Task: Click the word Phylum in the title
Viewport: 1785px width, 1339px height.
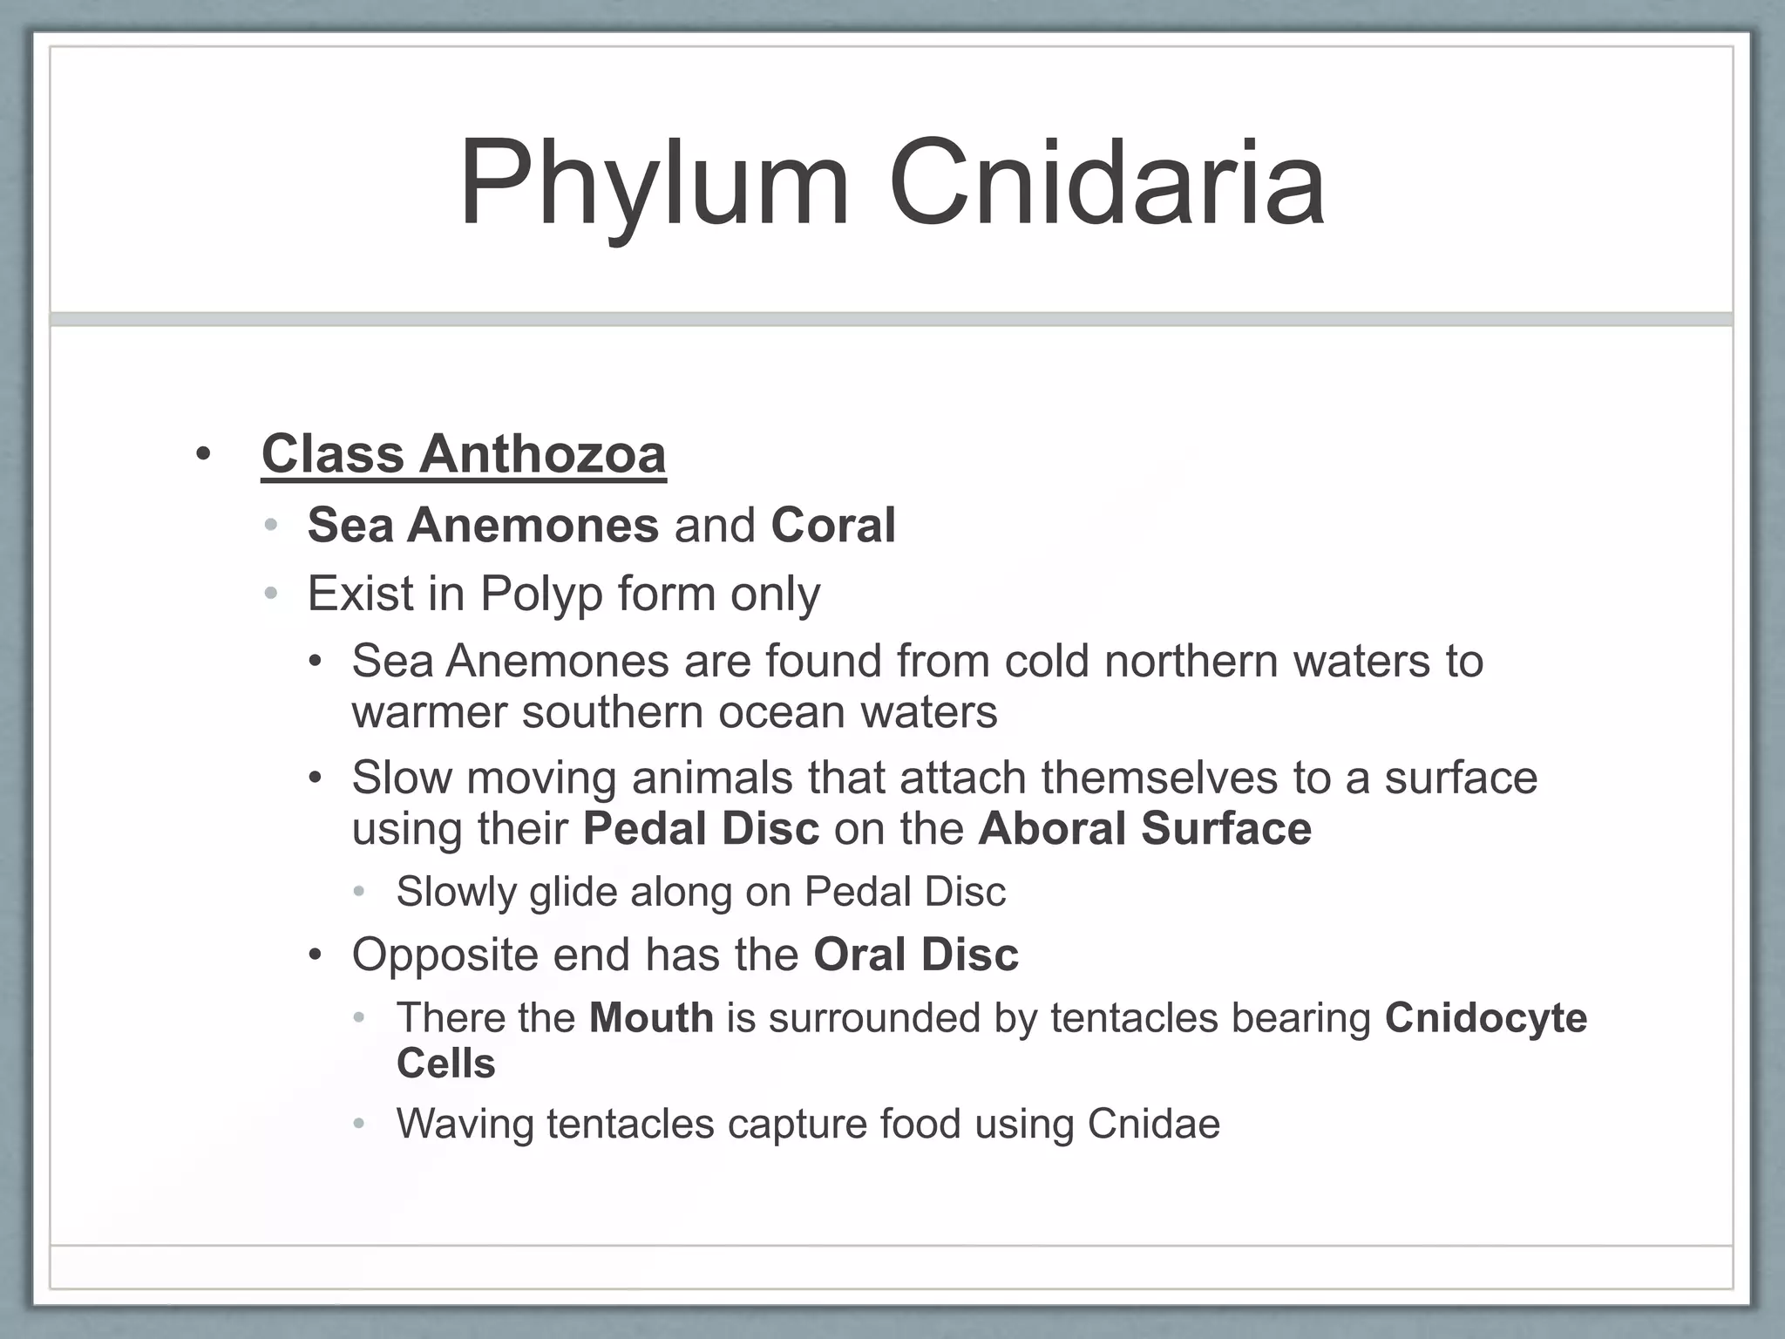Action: coord(654,186)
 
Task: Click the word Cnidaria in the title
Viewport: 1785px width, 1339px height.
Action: coord(1107,186)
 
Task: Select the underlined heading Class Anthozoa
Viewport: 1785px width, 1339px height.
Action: coord(464,454)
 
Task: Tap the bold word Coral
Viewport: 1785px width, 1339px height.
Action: coord(832,526)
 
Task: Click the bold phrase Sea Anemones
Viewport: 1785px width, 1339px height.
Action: coord(483,526)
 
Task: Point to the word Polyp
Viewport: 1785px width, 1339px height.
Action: coord(540,595)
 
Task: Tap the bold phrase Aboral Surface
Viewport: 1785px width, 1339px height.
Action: coord(1144,828)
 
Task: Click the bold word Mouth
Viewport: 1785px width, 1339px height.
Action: coord(651,1018)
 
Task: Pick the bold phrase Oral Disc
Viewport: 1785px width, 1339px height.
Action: coord(915,955)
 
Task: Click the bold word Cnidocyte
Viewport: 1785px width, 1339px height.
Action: coord(1485,1018)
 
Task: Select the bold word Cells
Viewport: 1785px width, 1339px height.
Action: coord(445,1064)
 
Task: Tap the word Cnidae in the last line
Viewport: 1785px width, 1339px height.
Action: coord(1153,1124)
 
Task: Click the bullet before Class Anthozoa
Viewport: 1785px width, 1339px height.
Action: coord(203,455)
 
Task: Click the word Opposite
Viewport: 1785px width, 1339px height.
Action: coord(445,955)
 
